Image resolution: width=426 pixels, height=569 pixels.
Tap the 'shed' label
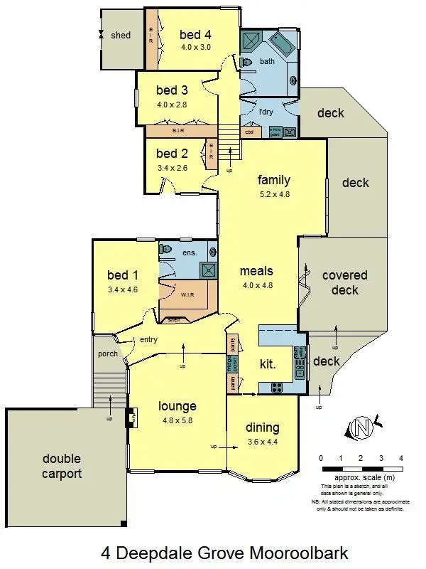[121, 35]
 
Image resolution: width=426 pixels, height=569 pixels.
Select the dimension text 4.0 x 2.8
[171, 105]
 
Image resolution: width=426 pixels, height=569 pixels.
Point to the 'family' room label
[274, 180]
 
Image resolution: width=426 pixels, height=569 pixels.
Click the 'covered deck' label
[345, 282]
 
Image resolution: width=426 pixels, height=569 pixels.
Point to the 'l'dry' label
[266, 112]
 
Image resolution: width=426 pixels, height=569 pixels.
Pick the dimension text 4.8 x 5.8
[177, 420]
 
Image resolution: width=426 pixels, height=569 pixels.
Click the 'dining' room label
[262, 427]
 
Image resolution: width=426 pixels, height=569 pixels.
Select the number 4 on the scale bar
[401, 457]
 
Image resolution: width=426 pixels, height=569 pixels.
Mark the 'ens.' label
[190, 252]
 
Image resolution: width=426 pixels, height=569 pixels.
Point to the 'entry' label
[148, 339]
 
